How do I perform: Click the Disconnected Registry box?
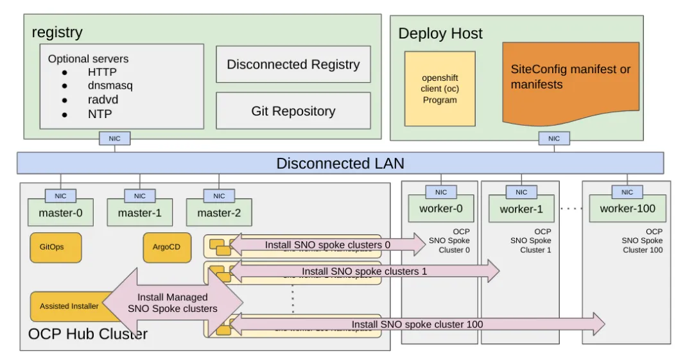293,64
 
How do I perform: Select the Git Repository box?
293,111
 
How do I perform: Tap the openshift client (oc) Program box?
440,89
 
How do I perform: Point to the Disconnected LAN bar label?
340,163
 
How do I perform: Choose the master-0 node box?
60,212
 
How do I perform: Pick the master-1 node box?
139,212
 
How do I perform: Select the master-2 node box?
219,212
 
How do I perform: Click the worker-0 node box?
440,209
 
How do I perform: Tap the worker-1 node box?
521,209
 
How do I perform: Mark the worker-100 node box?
627,209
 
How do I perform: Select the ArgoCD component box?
166,247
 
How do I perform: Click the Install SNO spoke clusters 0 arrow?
327,244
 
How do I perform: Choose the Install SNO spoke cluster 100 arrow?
417,324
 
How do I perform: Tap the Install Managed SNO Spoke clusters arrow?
173,302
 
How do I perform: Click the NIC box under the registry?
115,138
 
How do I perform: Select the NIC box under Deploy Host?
553,138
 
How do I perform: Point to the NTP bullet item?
100,114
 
